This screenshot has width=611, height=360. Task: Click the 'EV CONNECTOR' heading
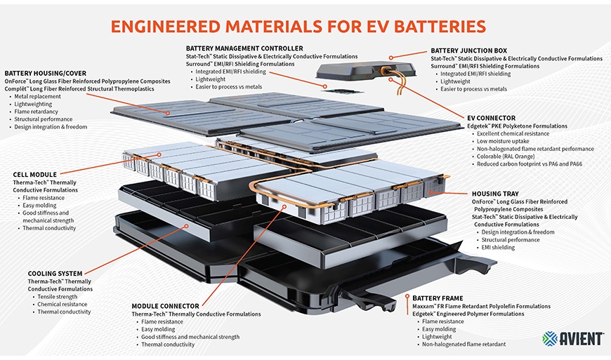pos(491,118)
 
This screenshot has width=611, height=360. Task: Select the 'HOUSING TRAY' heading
pos(496,194)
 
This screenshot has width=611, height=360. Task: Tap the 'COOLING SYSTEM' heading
pos(55,273)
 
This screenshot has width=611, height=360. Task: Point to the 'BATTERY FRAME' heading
pos(438,298)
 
